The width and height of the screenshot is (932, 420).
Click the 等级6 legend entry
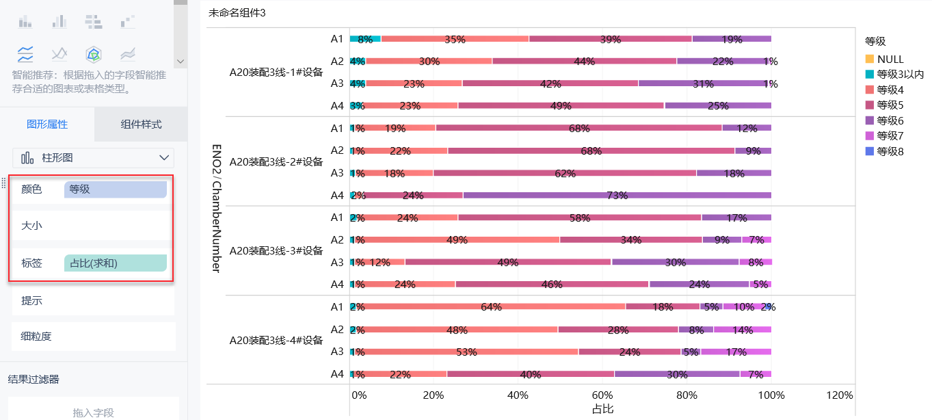click(x=890, y=120)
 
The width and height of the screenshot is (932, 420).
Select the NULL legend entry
click(x=890, y=60)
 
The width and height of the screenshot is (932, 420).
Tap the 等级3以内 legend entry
click(x=900, y=75)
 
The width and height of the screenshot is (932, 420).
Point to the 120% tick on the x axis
click(x=840, y=395)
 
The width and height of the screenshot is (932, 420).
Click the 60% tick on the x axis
click(x=602, y=395)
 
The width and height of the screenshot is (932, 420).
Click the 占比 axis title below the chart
click(x=602, y=409)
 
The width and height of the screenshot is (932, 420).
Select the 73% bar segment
click(x=617, y=196)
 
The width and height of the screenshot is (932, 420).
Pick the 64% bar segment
click(x=491, y=307)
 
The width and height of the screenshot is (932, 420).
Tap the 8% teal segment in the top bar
click(x=365, y=39)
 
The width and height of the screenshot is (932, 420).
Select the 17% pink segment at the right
click(x=736, y=352)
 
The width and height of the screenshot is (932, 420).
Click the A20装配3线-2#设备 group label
click(x=276, y=162)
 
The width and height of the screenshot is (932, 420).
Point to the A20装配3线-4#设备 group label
click(x=276, y=340)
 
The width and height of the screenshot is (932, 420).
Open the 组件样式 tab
click(x=141, y=124)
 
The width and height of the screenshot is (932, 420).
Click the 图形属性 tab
click(x=47, y=124)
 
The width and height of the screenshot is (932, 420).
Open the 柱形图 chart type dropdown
click(x=93, y=158)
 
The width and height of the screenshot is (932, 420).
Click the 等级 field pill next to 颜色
click(x=115, y=189)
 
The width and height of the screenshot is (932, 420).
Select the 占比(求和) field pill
click(x=115, y=263)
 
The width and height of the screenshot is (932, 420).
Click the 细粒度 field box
click(x=93, y=337)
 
